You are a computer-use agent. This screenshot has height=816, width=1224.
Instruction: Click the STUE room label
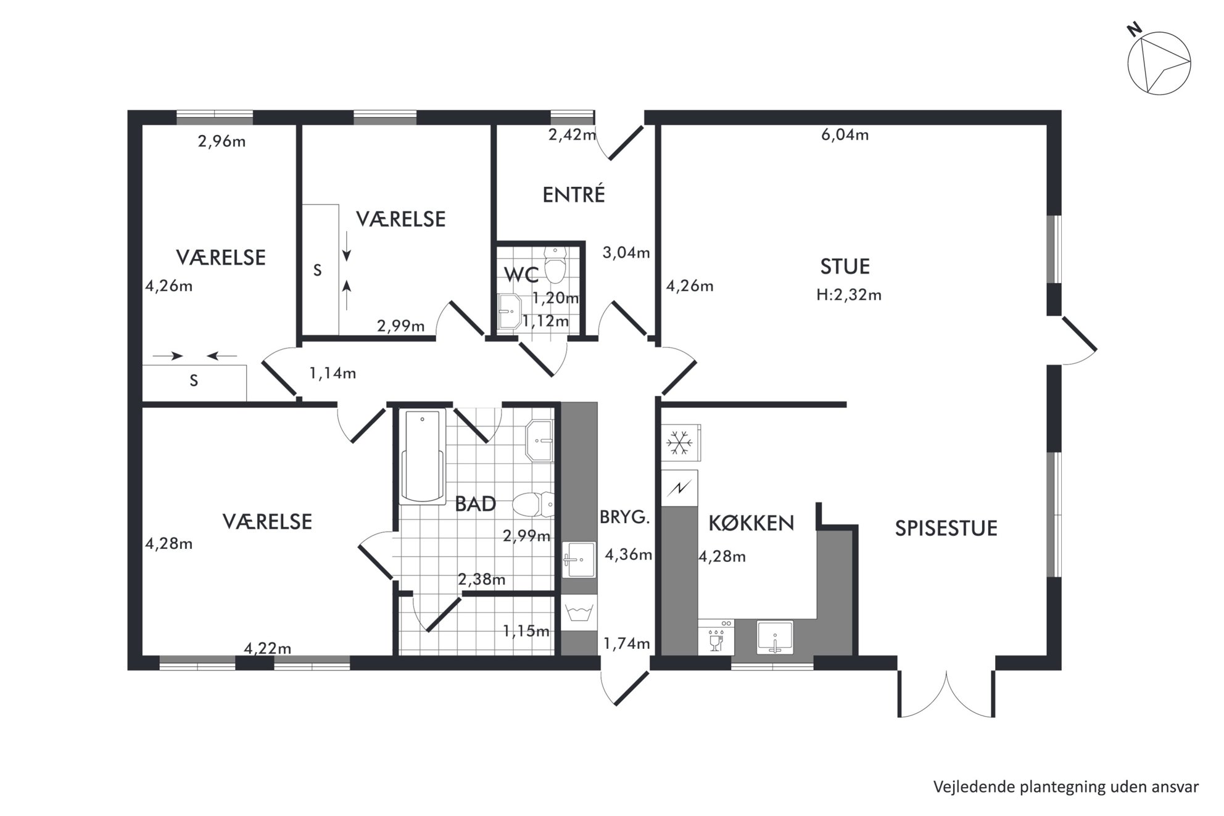[x=845, y=266]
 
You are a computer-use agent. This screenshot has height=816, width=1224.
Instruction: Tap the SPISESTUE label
[x=946, y=529]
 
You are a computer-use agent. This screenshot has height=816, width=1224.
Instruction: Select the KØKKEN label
[x=751, y=523]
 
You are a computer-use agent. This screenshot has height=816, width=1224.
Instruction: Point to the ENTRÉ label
[x=573, y=194]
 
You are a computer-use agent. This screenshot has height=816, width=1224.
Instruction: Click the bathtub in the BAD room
[x=423, y=456]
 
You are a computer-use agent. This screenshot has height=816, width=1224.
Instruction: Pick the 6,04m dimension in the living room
[x=845, y=134]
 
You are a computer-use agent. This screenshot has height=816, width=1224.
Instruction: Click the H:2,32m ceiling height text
[x=848, y=295]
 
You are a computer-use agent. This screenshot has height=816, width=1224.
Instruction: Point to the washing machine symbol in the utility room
[x=579, y=613]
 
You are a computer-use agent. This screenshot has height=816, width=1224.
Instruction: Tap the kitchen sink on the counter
[x=775, y=637]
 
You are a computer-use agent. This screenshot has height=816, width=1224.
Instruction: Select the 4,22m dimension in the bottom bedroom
[x=267, y=648]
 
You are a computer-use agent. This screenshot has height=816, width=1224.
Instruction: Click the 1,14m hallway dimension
[x=332, y=373]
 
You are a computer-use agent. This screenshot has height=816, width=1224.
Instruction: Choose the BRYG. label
[x=625, y=517]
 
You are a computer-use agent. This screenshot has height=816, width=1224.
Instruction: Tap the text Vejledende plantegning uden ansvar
[x=1066, y=787]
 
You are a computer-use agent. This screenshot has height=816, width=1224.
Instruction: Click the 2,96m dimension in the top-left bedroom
[x=221, y=141]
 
